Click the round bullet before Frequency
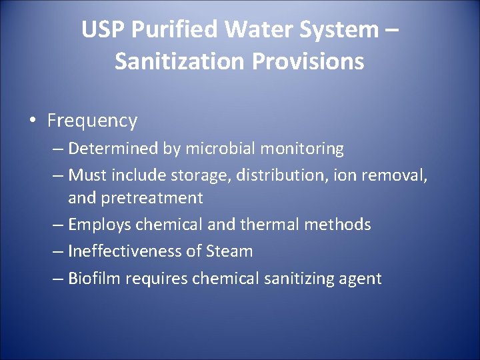click(33, 121)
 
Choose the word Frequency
click(92, 121)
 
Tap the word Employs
click(100, 225)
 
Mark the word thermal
click(270, 225)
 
